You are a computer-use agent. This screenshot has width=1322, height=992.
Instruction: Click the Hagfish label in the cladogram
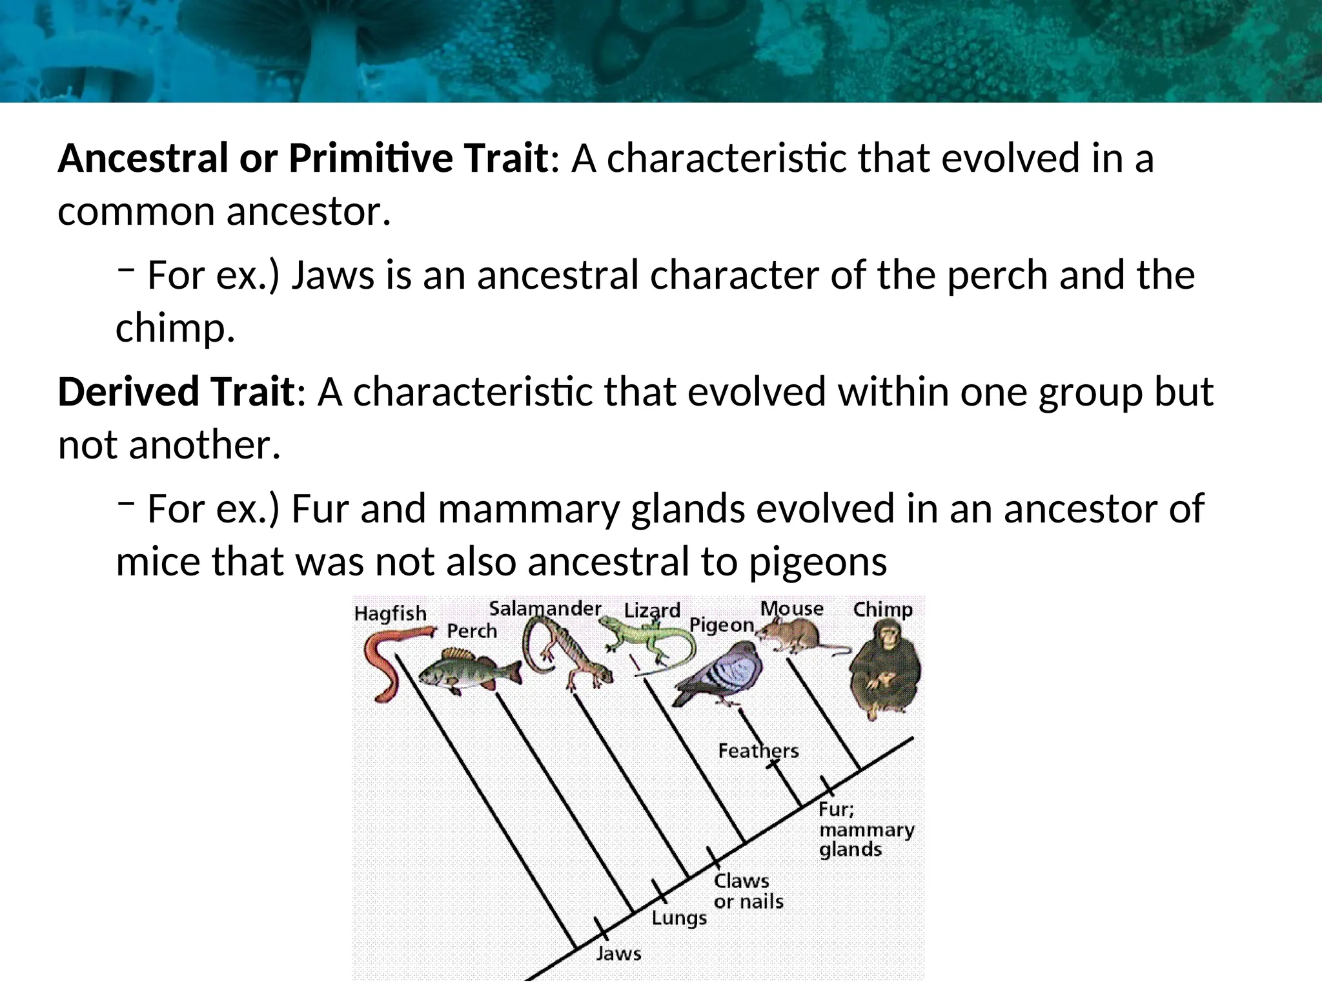pos(390,614)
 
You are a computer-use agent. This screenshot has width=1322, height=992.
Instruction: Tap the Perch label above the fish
pos(472,631)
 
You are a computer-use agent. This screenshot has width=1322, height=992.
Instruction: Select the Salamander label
pos(545,608)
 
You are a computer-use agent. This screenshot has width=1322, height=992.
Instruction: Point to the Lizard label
pos(652,610)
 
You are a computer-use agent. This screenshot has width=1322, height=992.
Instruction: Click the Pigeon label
pos(721,625)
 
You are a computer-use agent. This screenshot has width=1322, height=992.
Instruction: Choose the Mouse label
pos(791,608)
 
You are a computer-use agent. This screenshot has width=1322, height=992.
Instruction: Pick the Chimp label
pos(882,609)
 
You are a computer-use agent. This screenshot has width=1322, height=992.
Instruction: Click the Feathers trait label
pos(758,750)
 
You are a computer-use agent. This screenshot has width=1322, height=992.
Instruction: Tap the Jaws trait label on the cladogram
pos(618,953)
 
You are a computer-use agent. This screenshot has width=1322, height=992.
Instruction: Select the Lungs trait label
pos(678,918)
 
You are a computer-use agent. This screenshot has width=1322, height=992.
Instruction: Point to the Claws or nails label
pos(748,891)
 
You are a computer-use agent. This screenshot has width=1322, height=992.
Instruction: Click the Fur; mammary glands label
pos(865,829)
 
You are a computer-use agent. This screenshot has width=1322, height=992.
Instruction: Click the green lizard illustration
pos(646,643)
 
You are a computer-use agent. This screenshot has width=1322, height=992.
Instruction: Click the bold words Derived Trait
pos(176,392)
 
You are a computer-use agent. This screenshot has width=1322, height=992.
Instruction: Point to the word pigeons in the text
pos(817,561)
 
